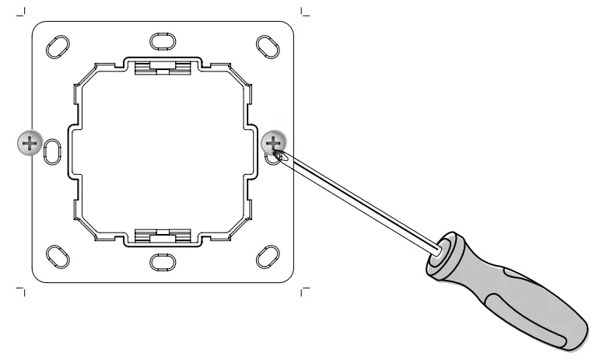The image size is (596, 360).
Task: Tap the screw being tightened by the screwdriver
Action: coord(274,143)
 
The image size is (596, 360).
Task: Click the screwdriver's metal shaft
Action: coord(358,202)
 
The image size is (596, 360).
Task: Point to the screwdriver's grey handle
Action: coord(514,288)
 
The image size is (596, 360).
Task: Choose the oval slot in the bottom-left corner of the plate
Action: coord(58,256)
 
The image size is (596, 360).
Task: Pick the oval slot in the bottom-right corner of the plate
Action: coord(267,256)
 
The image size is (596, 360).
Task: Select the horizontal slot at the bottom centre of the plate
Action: coord(162,261)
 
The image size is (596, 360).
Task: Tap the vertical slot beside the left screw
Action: coord(51,149)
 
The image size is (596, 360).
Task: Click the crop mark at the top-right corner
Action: coord(304,12)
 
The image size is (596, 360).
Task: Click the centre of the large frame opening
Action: coord(162,150)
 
